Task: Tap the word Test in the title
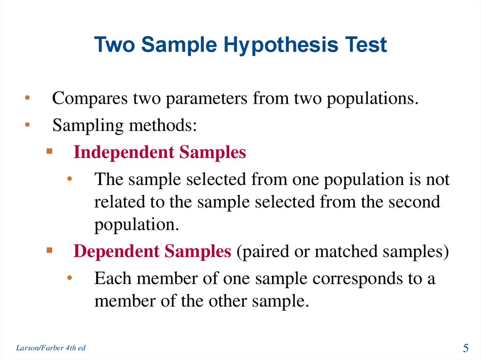click(x=365, y=45)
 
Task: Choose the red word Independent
click(x=123, y=153)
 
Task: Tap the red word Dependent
click(x=116, y=252)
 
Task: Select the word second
click(x=414, y=202)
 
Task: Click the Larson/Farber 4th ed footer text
click(x=51, y=348)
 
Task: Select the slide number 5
click(x=466, y=348)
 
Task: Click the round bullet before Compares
click(x=28, y=99)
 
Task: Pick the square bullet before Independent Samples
click(x=49, y=152)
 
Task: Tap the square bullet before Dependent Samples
click(x=49, y=251)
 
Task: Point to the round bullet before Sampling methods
click(x=28, y=125)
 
